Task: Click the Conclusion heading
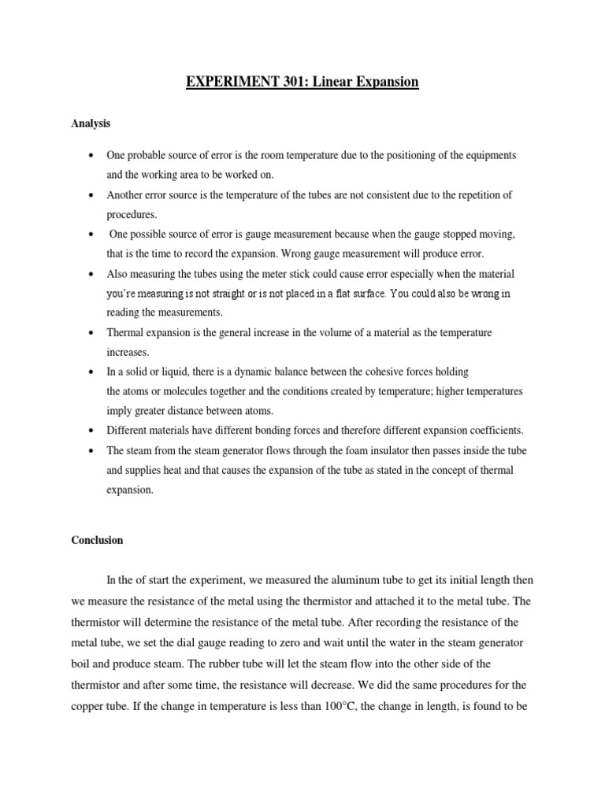point(97,541)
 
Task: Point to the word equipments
point(488,156)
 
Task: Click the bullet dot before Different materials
point(92,431)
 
